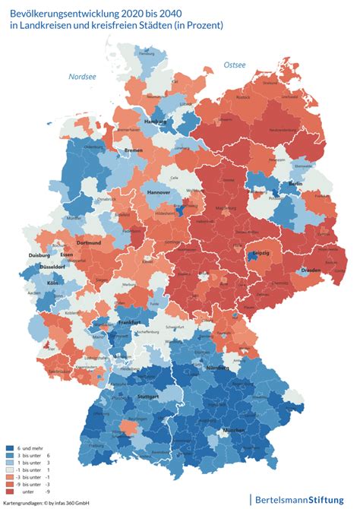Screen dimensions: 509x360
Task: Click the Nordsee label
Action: point(82,77)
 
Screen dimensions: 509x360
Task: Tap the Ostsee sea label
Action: point(235,65)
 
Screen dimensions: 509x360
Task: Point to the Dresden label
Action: point(311,270)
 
